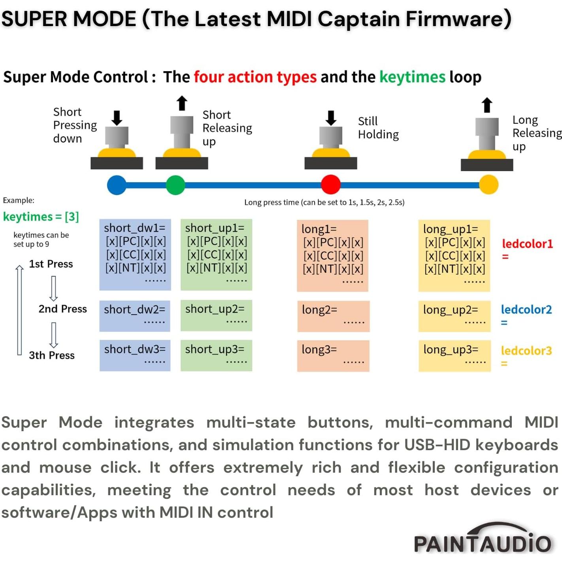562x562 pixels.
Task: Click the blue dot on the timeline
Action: tap(117, 185)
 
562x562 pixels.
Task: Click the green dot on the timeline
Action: tap(175, 185)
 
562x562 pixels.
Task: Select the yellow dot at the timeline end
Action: tap(488, 185)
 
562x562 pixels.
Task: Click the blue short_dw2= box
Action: tap(135, 315)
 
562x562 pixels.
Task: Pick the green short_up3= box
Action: tap(216, 355)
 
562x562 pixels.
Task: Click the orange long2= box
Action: tap(333, 316)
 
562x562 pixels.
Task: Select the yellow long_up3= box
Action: tap(455, 355)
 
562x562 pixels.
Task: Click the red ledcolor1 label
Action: tap(527, 244)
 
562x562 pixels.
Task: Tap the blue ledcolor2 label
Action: tap(526, 309)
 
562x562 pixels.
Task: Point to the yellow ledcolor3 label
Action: tap(526, 351)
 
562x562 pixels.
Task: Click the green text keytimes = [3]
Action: tap(41, 217)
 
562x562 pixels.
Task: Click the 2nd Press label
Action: tap(62, 309)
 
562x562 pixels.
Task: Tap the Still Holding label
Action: tap(378, 128)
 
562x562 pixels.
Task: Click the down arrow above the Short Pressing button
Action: tap(117, 118)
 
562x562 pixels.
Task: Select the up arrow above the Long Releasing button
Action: tap(487, 105)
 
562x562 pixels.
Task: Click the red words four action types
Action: tap(255, 77)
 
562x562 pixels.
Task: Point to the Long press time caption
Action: tap(324, 202)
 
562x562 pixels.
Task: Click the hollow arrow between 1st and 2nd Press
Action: tap(53, 288)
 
